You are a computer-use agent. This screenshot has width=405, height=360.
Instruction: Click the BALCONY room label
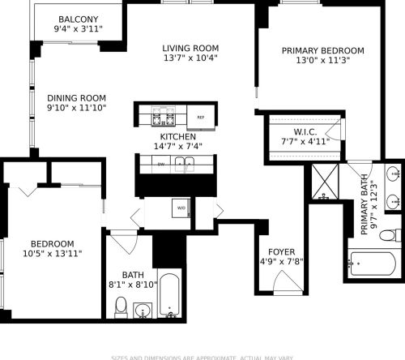point(79,19)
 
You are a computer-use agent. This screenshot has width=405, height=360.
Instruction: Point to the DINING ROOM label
point(76,96)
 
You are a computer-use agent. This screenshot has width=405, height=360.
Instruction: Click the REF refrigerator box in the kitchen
point(200,118)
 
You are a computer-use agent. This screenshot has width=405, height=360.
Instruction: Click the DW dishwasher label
point(161,165)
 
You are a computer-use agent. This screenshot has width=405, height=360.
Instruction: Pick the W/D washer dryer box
point(181,208)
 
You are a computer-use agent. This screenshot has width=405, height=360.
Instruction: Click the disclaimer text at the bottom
point(202,356)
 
